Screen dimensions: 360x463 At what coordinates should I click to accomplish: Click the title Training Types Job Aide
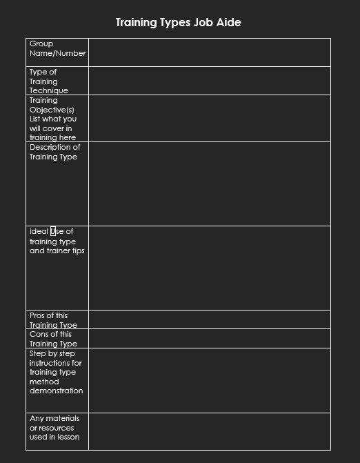point(178,23)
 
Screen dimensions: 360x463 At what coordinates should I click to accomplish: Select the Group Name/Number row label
point(57,48)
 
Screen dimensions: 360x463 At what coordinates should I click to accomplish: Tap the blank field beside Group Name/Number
point(209,52)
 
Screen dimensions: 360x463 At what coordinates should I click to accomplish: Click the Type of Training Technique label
point(48,81)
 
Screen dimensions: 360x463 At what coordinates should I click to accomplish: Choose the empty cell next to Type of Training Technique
point(209,80)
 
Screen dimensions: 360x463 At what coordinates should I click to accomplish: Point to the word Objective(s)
point(52,110)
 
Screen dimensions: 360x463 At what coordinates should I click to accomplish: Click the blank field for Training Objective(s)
point(209,118)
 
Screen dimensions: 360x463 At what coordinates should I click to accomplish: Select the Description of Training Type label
point(54,152)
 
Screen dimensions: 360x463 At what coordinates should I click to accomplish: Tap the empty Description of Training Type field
point(209,184)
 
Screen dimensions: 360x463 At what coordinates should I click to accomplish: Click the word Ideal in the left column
point(39,231)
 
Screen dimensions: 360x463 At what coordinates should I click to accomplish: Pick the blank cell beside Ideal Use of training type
point(209,268)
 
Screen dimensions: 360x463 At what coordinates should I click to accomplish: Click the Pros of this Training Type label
point(53,320)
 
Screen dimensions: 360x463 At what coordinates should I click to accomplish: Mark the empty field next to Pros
point(209,319)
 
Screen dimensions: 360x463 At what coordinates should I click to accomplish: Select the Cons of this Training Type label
point(53,339)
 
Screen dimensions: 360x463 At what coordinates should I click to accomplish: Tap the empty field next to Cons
point(209,338)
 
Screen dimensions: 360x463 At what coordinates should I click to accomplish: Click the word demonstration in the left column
point(56,391)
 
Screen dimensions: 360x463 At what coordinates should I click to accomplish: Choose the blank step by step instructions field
point(209,380)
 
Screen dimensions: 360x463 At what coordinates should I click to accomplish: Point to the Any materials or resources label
point(54,428)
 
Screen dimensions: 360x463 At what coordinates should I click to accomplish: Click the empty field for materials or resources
point(209,431)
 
